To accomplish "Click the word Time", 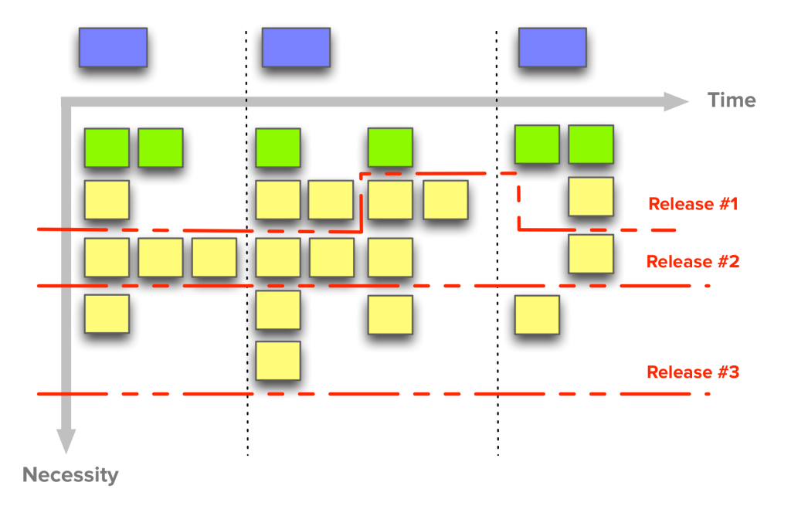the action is tap(732, 100).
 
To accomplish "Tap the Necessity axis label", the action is tap(70, 475).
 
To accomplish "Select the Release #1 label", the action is tap(693, 204).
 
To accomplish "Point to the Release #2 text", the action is tap(693, 261).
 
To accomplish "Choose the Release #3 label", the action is tap(693, 372).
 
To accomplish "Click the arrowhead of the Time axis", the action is tap(676, 101).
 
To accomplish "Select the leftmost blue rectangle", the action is tap(113, 47).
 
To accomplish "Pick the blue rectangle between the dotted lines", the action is tap(296, 47).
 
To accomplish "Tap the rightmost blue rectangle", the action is tap(552, 47).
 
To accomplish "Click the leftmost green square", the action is tap(107, 148).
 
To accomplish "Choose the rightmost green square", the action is tap(591, 144).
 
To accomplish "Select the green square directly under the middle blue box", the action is tap(278, 148).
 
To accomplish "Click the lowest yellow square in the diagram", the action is tap(278, 361).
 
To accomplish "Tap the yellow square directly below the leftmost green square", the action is tap(107, 200).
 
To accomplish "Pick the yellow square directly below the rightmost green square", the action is tap(591, 196).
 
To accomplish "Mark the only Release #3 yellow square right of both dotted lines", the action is tap(538, 314).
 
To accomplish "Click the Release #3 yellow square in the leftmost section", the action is tap(107, 314).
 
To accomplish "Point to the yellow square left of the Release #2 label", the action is tap(591, 253).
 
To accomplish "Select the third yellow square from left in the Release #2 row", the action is tap(215, 257).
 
